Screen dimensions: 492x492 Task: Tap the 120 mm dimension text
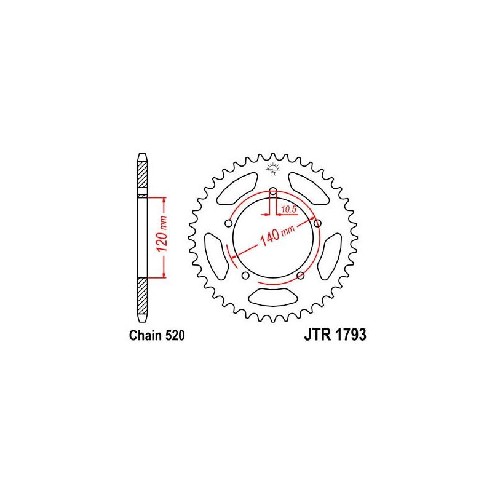156,237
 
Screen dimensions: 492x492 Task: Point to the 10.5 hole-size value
288,210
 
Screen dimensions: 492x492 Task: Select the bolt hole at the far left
229,223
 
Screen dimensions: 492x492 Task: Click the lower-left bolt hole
246,275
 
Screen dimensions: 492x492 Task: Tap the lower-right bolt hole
301,275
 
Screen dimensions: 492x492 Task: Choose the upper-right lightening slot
309,187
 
